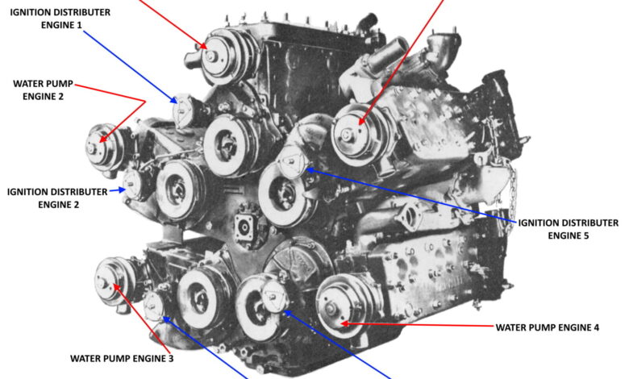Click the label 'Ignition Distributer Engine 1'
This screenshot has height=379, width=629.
click(60, 19)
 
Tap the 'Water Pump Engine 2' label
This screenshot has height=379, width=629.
click(44, 90)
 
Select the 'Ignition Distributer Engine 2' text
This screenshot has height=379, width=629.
click(58, 198)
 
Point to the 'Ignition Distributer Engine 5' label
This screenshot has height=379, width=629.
click(569, 229)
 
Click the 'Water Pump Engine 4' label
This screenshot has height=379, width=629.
click(548, 327)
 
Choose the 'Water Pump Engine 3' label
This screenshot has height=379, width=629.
click(122, 359)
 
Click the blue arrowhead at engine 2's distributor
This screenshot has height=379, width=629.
click(122, 189)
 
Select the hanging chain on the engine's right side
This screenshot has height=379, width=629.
click(508, 193)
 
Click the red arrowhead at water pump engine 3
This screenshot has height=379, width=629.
click(117, 288)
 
